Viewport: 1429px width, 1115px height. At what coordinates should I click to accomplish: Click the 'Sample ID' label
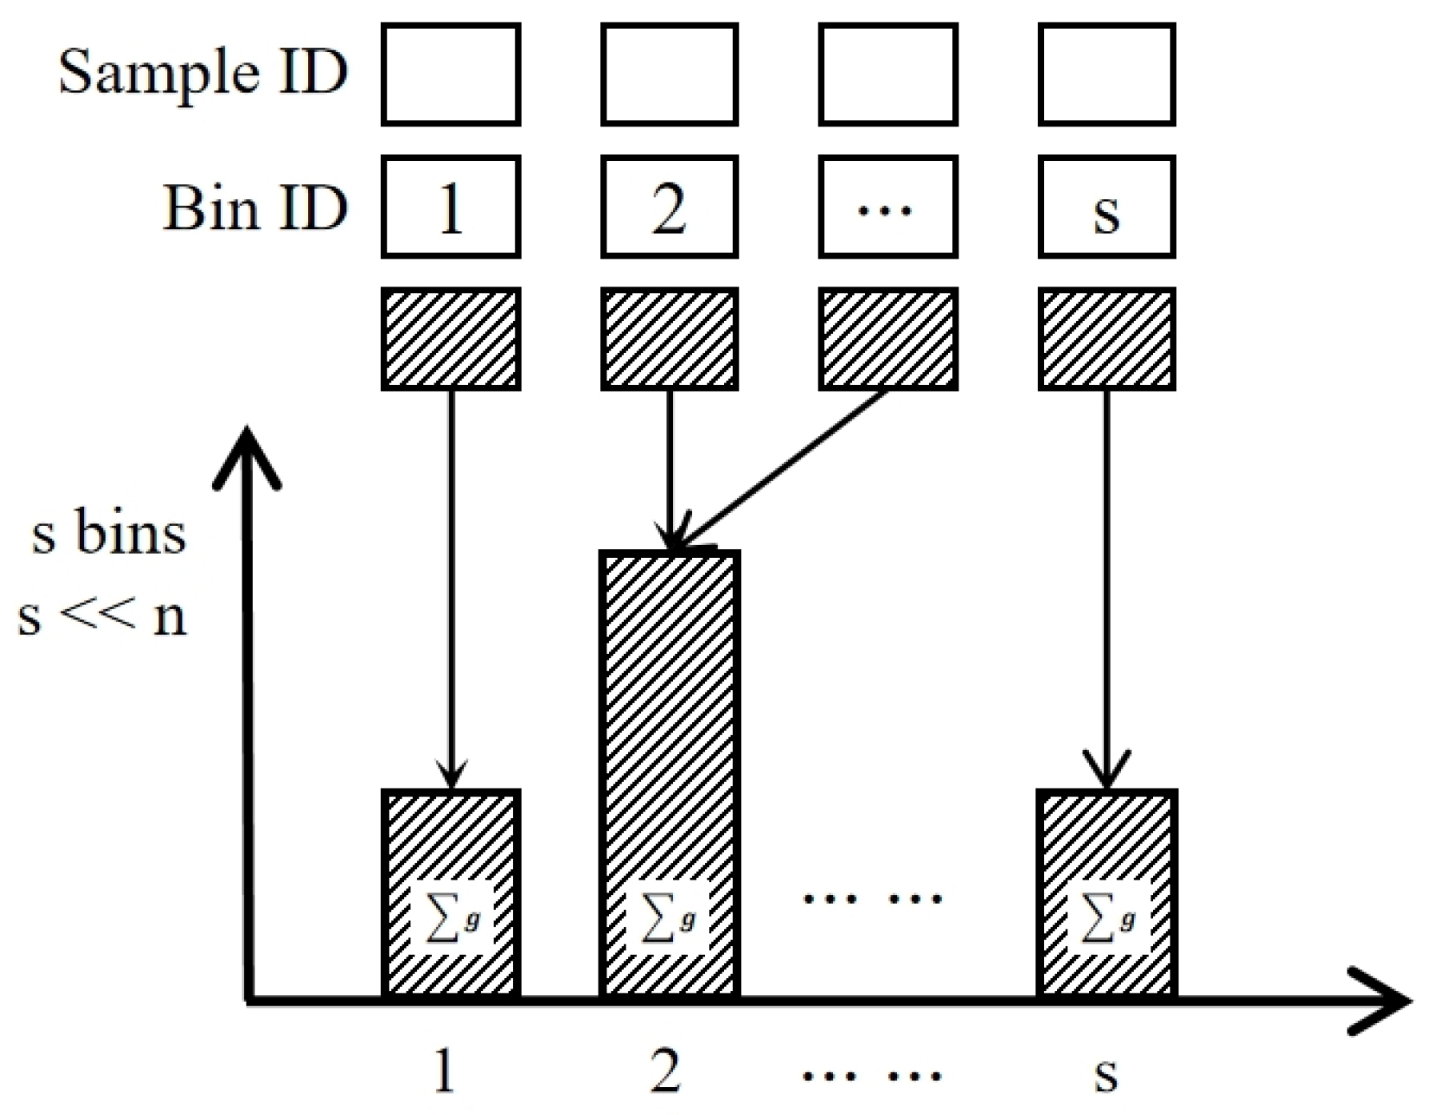[203, 73]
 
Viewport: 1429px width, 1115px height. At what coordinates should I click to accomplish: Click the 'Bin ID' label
[255, 208]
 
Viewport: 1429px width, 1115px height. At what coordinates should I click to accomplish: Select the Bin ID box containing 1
[450, 207]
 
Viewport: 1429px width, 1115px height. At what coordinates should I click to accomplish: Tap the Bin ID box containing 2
[669, 207]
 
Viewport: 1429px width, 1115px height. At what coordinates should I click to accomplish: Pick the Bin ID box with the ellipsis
[887, 207]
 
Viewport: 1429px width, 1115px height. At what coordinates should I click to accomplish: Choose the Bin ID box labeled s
[1107, 207]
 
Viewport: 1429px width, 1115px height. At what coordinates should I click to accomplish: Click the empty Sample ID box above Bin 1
[450, 74]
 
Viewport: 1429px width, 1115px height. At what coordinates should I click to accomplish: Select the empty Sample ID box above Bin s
[1107, 74]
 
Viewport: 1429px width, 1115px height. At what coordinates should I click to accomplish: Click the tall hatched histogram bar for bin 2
[669, 720]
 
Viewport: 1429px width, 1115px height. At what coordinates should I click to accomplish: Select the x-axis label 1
[445, 1070]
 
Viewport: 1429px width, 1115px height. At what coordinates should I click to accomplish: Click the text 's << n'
[102, 616]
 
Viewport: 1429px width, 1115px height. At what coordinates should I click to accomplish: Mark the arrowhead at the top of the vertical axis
[247, 452]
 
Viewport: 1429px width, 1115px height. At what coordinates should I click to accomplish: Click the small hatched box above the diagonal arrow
[887, 339]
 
